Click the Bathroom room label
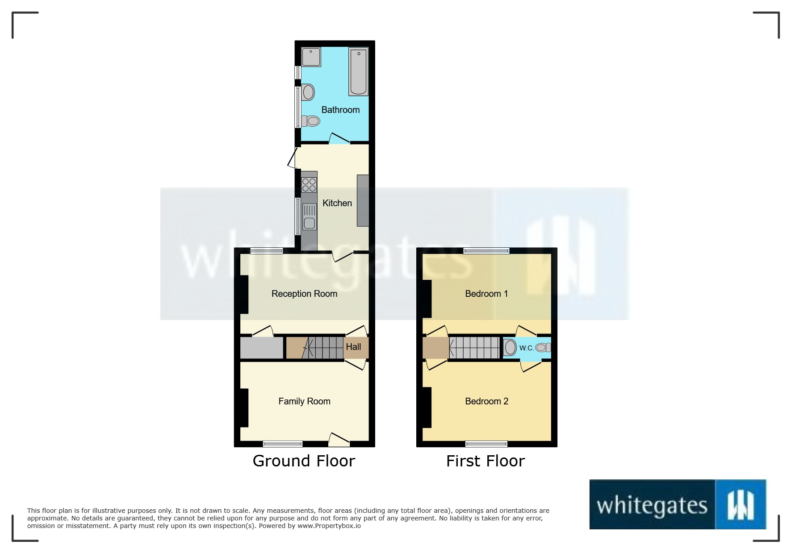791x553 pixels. coord(340,110)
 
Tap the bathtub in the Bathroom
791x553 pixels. coord(358,71)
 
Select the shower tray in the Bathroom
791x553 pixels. coord(311,57)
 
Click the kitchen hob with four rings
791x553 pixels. coord(309,184)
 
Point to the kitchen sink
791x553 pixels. coord(309,217)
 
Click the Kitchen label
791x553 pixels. coord(337,203)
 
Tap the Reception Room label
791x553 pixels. coord(304,294)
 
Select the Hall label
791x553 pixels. coord(353,347)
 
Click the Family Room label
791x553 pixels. coord(304,401)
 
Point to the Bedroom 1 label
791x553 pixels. coord(486,294)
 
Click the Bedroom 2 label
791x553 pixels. coord(486,401)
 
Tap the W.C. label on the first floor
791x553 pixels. coord(526,348)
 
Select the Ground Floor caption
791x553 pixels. coord(304,461)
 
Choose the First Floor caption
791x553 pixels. coord(485,461)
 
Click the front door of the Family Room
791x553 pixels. coord(339,441)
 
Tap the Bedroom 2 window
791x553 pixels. coord(486,444)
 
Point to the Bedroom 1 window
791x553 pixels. coord(486,251)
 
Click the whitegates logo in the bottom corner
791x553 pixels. coord(678,505)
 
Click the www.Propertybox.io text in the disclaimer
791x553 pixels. coord(329,526)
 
